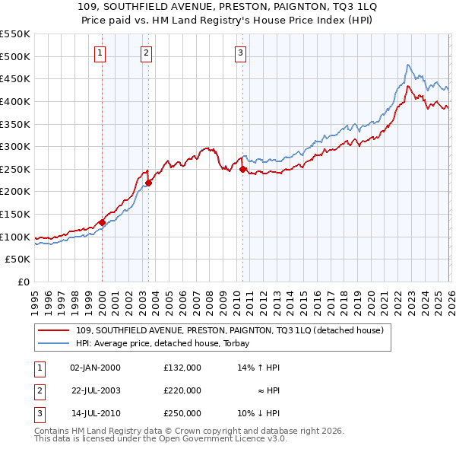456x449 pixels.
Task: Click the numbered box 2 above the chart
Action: pos(146,53)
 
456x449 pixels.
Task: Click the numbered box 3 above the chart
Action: pos(240,53)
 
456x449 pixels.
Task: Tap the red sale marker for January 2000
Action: pos(102,222)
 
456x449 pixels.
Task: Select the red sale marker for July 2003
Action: pos(149,183)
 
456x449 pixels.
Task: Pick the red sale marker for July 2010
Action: pos(242,170)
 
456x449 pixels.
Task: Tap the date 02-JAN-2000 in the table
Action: pos(95,368)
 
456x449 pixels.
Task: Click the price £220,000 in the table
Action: pos(182,390)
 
